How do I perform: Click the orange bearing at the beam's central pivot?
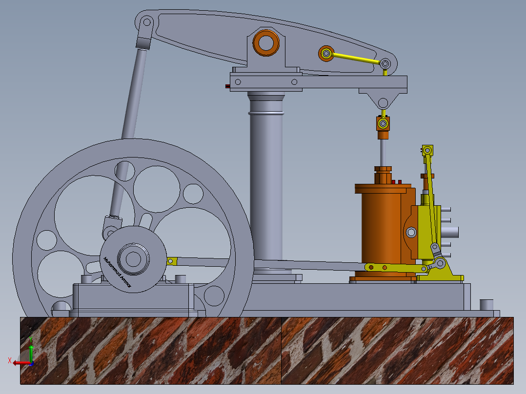[x=266, y=43]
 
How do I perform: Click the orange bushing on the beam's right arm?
[x=325, y=53]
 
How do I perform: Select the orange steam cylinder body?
[x=381, y=229]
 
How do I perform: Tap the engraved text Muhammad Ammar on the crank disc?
[x=115, y=273]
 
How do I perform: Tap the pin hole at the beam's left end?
[x=146, y=22]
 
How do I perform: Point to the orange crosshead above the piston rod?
[x=383, y=123]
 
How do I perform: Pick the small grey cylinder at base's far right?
[x=486, y=305]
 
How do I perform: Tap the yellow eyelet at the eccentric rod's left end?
[x=171, y=261]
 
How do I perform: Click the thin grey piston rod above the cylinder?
[x=383, y=151]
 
